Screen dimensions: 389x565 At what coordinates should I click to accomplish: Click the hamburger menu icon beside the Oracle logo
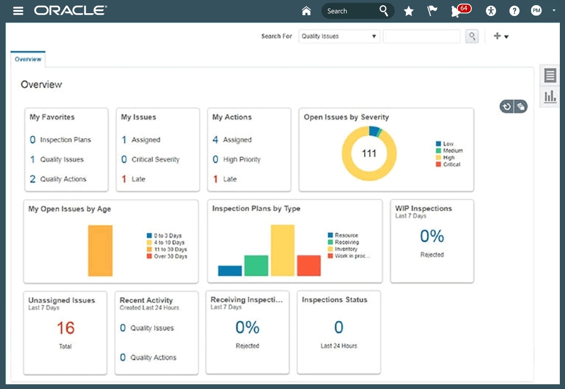pyautogui.click(x=18, y=11)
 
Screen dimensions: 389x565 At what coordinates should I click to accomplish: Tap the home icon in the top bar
pyautogui.click(x=307, y=11)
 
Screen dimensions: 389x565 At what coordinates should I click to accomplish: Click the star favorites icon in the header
pyautogui.click(x=409, y=11)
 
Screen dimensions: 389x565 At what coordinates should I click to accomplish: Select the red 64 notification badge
pyautogui.click(x=464, y=8)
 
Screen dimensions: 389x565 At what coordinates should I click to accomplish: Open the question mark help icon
pyautogui.click(x=514, y=11)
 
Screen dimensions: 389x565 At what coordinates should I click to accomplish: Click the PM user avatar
pyautogui.click(x=536, y=11)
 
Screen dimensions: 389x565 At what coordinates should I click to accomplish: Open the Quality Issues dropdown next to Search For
pyautogui.click(x=339, y=36)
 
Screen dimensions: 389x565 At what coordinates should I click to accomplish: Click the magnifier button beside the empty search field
pyautogui.click(x=472, y=36)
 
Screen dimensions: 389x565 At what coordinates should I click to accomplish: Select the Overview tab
pyautogui.click(x=28, y=59)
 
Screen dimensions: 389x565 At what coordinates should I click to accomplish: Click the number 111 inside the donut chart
pyautogui.click(x=369, y=154)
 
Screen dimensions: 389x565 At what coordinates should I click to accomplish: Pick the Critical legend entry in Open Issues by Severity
pyautogui.click(x=451, y=165)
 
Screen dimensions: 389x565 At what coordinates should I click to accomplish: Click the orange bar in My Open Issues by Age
pyautogui.click(x=100, y=250)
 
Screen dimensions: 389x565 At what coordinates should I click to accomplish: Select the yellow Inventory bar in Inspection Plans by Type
pyautogui.click(x=282, y=250)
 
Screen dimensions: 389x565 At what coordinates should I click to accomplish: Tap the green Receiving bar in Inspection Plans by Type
pyautogui.click(x=256, y=265)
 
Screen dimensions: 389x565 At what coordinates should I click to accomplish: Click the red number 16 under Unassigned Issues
pyautogui.click(x=65, y=328)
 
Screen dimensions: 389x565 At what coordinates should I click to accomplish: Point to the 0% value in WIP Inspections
pyautogui.click(x=432, y=236)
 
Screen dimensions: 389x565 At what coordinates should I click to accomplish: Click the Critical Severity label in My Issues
pyautogui.click(x=155, y=159)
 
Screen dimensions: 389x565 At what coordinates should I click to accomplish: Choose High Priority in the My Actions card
pyautogui.click(x=242, y=159)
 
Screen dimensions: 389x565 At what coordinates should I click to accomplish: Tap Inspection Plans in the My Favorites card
pyautogui.click(x=65, y=140)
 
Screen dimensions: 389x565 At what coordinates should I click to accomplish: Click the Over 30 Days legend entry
pyautogui.click(x=170, y=257)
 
